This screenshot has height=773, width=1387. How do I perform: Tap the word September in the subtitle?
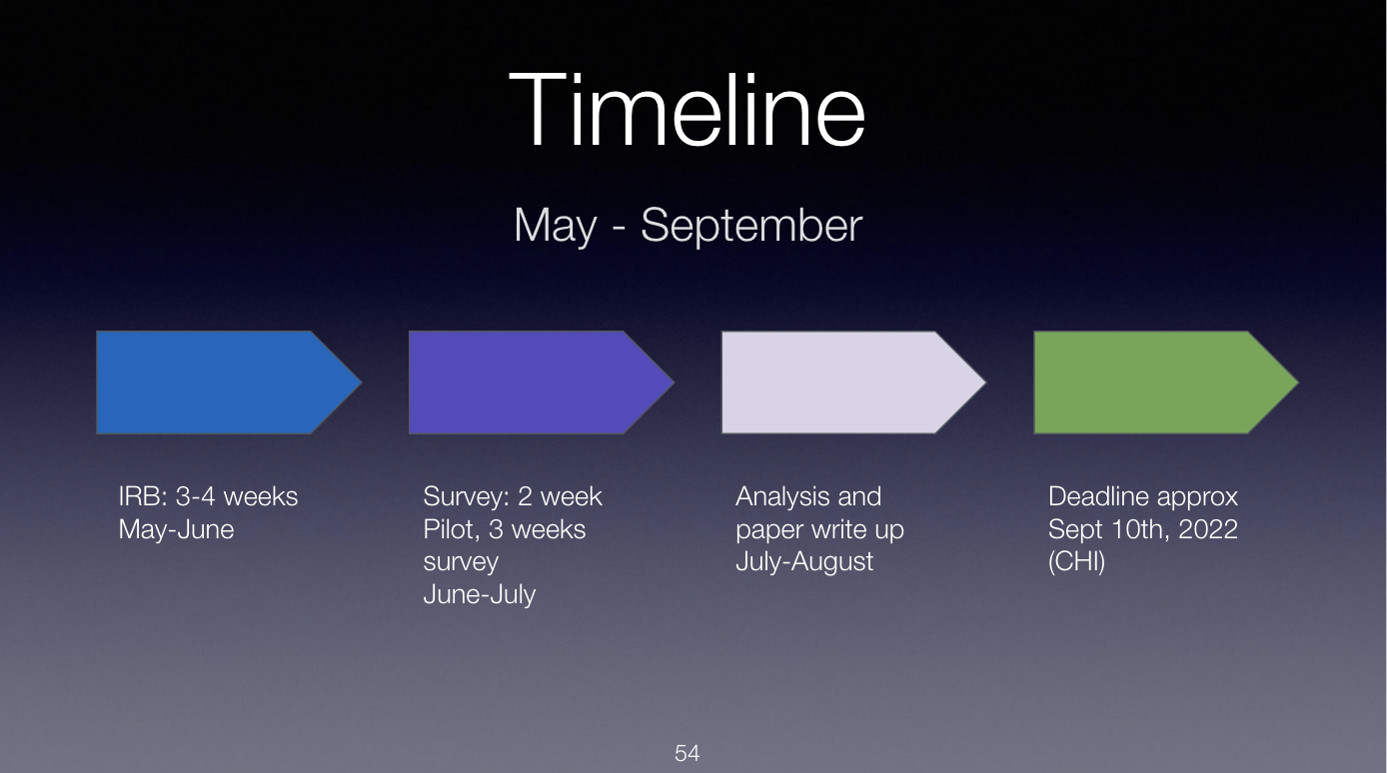click(x=751, y=226)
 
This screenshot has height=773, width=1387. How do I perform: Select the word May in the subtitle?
click(x=556, y=227)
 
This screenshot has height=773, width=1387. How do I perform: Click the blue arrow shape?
click(x=229, y=383)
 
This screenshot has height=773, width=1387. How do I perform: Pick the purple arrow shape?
click(x=542, y=383)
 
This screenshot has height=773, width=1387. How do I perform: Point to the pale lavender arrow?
click(x=853, y=383)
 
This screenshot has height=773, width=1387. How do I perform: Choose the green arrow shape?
click(x=1166, y=383)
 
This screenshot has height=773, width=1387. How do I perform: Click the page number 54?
click(x=688, y=753)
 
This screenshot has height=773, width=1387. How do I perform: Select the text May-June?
click(x=177, y=529)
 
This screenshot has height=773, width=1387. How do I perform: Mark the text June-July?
click(x=480, y=595)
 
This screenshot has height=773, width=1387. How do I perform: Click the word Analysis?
click(x=781, y=497)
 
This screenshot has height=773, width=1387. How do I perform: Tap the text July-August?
click(x=804, y=562)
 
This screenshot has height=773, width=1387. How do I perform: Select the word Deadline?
click(x=1097, y=496)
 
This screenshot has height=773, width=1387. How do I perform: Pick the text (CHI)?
click(x=1076, y=562)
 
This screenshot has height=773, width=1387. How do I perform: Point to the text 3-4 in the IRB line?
click(x=195, y=496)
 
